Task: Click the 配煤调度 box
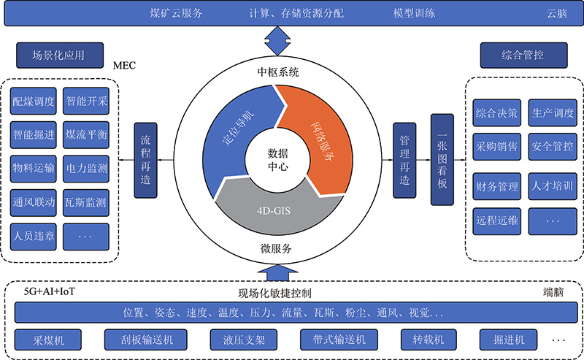pyautogui.click(x=34, y=102)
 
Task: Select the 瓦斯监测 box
pyautogui.click(x=86, y=202)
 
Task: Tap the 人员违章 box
pyautogui.click(x=34, y=236)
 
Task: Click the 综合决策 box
pyautogui.click(x=496, y=113)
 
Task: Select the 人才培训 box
pyautogui.click(x=553, y=186)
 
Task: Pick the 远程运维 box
pyautogui.click(x=496, y=220)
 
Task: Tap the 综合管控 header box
pyautogui.click(x=523, y=55)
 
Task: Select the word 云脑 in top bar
pyautogui.click(x=557, y=14)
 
